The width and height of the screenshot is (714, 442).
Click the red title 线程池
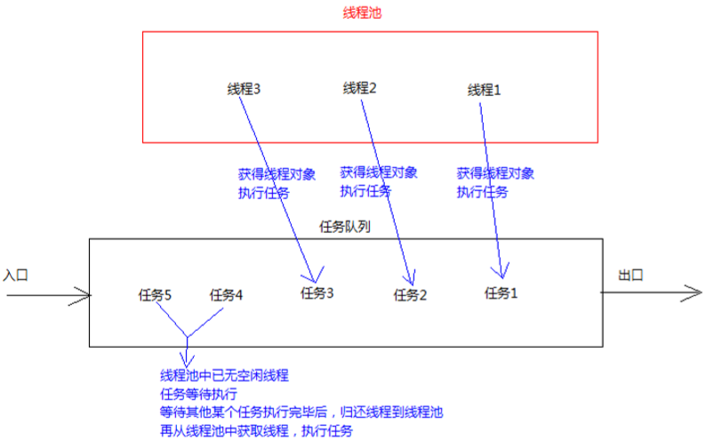(362, 12)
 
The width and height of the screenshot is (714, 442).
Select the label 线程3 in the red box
(244, 89)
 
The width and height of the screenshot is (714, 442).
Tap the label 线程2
(360, 88)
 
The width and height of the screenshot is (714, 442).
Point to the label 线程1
(484, 90)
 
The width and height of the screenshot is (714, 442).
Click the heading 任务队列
(345, 227)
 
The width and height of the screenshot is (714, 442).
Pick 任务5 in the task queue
(155, 295)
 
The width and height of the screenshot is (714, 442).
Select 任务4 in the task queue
(226, 295)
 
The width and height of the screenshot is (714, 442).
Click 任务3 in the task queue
(317, 293)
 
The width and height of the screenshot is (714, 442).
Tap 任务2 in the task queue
(410, 295)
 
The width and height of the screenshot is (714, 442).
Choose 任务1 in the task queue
(501, 293)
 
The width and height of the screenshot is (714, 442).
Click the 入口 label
(15, 275)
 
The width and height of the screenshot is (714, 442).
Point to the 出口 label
(630, 275)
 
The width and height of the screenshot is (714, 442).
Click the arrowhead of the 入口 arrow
(90, 295)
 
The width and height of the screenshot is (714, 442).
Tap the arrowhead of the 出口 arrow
(702, 293)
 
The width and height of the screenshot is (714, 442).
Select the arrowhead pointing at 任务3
(314, 282)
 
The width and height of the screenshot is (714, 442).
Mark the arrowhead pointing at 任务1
(502, 277)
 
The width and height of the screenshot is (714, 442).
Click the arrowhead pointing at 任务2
(412, 285)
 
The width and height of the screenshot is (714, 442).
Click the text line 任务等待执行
(198, 394)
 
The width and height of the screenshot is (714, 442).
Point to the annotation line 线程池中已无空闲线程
(224, 375)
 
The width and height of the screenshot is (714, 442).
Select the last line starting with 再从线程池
(256, 430)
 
